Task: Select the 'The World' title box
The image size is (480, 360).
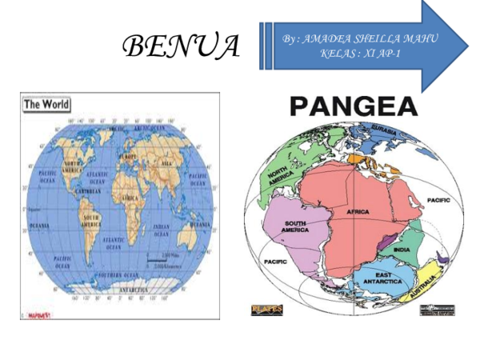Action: (46, 104)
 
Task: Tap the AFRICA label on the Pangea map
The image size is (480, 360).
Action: (358, 211)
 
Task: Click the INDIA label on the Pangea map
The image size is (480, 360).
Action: (401, 250)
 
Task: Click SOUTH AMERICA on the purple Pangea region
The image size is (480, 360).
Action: (294, 226)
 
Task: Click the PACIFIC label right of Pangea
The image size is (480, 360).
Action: (438, 200)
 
